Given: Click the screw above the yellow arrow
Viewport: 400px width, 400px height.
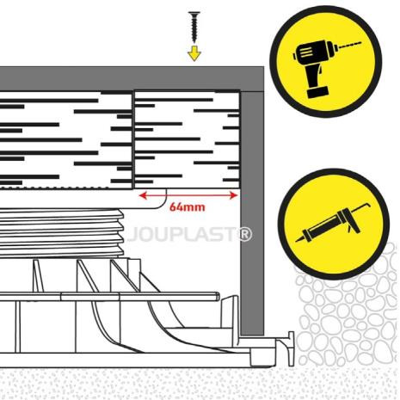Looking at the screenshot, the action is tap(194, 27).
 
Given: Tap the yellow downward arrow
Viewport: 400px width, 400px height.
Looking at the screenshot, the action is tap(194, 52).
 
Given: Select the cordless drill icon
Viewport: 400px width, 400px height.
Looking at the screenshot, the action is tap(325, 61).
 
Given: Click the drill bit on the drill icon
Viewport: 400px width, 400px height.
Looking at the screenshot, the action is tap(349, 45).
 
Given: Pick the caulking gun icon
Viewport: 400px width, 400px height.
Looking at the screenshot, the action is tap(334, 225).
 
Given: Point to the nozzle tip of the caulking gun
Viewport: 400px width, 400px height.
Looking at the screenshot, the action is tap(298, 239).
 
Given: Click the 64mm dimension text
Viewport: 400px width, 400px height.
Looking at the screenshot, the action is tap(188, 207).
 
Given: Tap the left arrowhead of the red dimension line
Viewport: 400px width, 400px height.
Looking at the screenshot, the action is tap(143, 195).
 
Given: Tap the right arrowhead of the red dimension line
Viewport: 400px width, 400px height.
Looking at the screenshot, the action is tap(234, 195).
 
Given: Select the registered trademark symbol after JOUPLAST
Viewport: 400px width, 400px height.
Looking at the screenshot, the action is tap(245, 234).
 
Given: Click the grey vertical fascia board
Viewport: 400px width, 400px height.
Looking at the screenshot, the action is tap(252, 212).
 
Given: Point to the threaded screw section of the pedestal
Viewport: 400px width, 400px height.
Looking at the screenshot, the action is tap(62, 232).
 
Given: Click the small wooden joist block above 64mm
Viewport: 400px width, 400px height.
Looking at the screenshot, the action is tap(187, 139).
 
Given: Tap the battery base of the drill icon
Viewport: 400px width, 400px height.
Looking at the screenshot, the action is tap(317, 92).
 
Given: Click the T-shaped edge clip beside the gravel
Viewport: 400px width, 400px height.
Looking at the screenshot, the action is tap(291, 348).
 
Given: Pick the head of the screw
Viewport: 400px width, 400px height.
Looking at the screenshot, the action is tap(194, 13).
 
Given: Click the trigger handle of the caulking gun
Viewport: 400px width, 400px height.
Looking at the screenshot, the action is tap(352, 226).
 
